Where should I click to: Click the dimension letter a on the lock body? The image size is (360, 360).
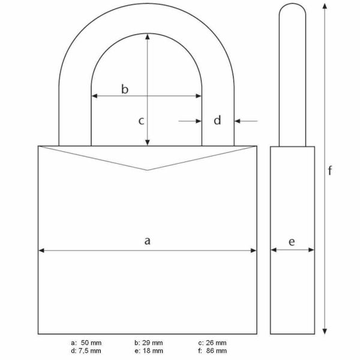click(x=147, y=241)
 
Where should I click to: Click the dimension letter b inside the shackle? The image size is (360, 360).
click(x=125, y=89)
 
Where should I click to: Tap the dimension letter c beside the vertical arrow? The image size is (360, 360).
click(x=141, y=121)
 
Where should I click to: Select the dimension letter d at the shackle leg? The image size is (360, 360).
click(x=218, y=121)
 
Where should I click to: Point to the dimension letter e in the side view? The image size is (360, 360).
click(x=292, y=241)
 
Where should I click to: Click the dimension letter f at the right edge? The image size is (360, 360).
click(x=330, y=170)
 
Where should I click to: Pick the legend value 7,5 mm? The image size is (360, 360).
click(x=90, y=350)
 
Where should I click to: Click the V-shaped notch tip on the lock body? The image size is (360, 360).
click(x=148, y=170)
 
